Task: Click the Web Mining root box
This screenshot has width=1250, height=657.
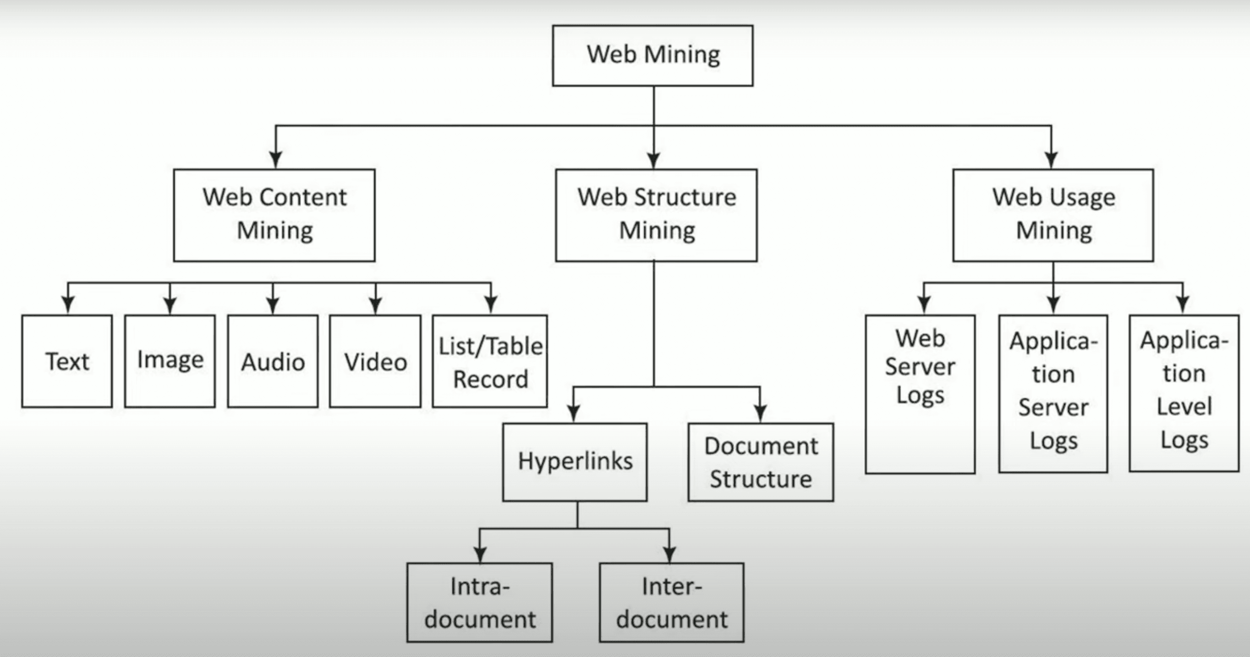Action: tap(652, 55)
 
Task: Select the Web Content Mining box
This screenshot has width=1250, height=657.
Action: tap(274, 215)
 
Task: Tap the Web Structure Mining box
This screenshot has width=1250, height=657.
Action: tap(656, 215)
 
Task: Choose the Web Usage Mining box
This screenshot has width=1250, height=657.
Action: tap(1053, 215)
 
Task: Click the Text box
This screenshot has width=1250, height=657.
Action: tap(67, 361)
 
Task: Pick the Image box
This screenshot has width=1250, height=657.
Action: tap(170, 361)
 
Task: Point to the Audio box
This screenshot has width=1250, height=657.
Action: tap(273, 361)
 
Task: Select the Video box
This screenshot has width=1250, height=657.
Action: tap(375, 361)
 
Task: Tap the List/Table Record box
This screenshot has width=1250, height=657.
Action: tap(490, 361)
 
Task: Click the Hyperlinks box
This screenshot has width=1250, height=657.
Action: tap(575, 461)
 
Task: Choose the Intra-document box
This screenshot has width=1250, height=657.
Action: tap(479, 602)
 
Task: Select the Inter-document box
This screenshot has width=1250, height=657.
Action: tap(672, 602)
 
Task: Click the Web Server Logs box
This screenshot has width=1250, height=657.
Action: tap(920, 394)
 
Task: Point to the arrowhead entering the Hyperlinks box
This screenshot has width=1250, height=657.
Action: tap(574, 413)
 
